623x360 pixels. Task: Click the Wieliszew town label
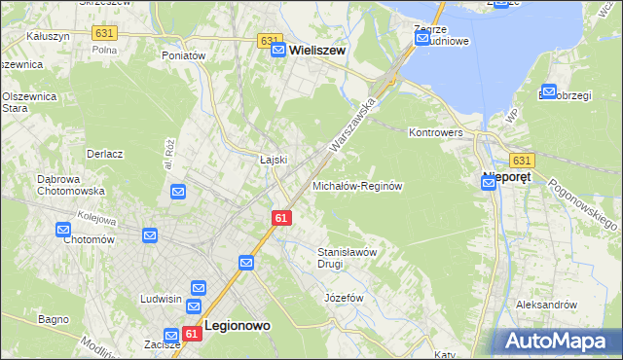316,49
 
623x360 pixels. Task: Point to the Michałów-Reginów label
357,185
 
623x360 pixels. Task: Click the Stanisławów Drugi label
347,257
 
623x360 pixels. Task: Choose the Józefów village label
344,297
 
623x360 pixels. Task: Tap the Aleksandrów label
547,305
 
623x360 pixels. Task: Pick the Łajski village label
271,160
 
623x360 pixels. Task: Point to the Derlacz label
104,154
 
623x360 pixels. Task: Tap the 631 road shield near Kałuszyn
104,33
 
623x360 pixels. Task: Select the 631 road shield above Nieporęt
522,160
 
